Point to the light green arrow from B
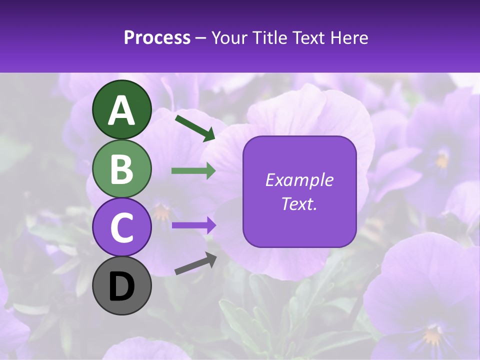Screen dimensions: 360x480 [193, 171]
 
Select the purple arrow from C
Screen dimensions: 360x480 [193, 225]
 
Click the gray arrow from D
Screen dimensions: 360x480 [195, 263]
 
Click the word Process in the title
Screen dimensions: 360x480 [157, 37]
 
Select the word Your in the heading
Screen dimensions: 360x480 [229, 37]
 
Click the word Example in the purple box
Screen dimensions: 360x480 [299, 180]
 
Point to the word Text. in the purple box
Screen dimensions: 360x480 [299, 203]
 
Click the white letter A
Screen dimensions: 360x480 [122, 110]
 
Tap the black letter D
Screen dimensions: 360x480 [122, 286]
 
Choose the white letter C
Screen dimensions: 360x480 [122, 228]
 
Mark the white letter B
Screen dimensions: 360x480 [122, 169]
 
